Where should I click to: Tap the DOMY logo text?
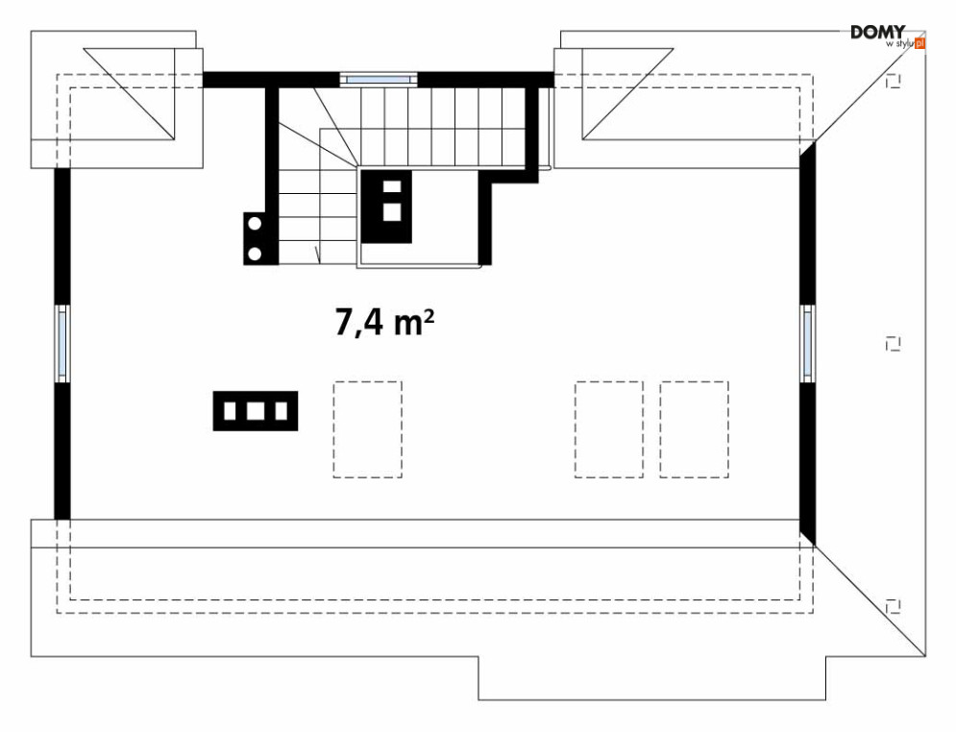(877, 33)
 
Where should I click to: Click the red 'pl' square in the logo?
(919, 43)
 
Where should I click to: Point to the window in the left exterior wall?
(61, 343)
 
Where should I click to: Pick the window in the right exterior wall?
(807, 343)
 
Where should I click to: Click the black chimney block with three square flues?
(256, 410)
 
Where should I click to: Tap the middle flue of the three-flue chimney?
(256, 411)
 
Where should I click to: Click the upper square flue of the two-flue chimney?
(392, 187)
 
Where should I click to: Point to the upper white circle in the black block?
(256, 224)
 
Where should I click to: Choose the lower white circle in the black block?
(256, 253)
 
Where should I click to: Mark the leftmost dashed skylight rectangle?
(368, 428)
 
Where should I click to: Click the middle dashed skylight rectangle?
(608, 428)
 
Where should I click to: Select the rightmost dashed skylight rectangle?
(694, 428)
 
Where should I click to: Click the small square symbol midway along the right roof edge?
(894, 343)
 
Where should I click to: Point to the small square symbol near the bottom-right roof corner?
(894, 604)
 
